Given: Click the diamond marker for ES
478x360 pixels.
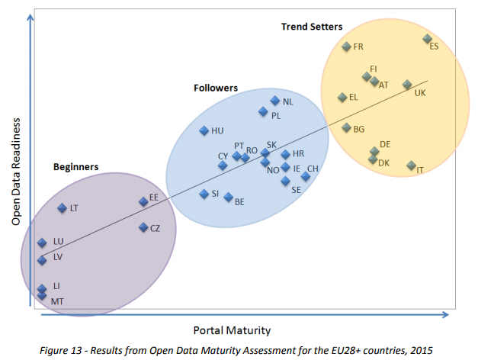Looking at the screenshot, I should point(427,39).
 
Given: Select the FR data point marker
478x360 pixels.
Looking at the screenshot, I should point(346,47).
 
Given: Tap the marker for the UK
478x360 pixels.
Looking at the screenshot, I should point(407,85).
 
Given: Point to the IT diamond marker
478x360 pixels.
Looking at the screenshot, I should point(411,166).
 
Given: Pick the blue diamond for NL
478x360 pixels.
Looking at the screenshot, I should point(275,101).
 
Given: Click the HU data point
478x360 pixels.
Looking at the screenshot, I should point(204,131).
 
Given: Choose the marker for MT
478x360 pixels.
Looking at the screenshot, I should point(42,295).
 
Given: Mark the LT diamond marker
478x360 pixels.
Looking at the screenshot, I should point(63,207).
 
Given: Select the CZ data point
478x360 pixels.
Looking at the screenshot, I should point(143,227).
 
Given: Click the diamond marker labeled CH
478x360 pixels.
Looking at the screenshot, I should point(305,176).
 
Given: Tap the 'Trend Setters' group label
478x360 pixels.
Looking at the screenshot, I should point(311,27).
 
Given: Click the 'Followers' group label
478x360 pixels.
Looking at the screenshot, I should point(216,88).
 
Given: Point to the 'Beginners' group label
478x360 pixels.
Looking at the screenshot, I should point(75,166).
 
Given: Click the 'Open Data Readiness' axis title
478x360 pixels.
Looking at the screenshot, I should point(15,172).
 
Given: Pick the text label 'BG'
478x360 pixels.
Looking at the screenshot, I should point(359,130).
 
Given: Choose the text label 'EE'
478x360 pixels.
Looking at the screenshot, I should point(153,197).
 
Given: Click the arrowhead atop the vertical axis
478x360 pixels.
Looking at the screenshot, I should point(30,15).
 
